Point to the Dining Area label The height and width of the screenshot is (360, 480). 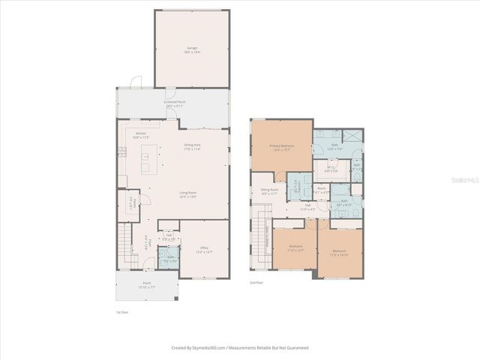tap(193, 147)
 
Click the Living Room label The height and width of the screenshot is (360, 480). tap(187, 195)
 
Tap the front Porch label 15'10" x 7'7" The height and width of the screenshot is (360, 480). tap(145, 286)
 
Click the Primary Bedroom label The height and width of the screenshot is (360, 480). tap(281, 148)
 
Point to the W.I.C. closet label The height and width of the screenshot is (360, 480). tap(331, 169)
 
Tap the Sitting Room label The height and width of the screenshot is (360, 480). tap(269, 193)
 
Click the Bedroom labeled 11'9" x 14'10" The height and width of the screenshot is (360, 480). tap(340, 253)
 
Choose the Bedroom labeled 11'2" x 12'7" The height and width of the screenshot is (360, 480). tap(295, 247)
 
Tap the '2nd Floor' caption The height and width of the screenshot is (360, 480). tap(256, 283)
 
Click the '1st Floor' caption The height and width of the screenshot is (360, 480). tap(122, 312)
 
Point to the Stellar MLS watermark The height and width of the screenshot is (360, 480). tap(462, 181)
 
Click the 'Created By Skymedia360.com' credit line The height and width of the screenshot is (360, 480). tap(240, 347)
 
